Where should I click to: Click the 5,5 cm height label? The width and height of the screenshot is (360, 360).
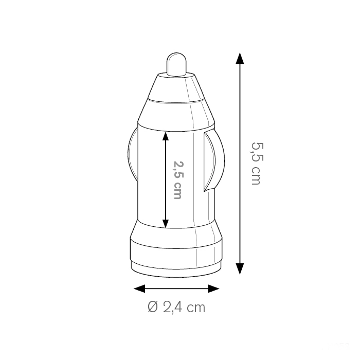(256, 164)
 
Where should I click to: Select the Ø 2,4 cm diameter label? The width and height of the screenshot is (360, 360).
(176, 307)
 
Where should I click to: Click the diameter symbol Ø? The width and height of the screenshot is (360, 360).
(153, 307)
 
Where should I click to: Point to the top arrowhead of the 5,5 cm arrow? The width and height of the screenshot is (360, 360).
(240, 58)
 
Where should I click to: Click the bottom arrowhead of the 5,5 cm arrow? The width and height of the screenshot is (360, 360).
(240, 269)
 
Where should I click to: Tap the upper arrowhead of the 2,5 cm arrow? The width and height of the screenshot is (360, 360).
(166, 136)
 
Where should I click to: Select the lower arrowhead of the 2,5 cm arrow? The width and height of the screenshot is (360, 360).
(166, 224)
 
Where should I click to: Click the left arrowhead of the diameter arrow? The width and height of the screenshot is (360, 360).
(139, 289)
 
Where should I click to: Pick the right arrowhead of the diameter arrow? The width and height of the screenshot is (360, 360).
(214, 289)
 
